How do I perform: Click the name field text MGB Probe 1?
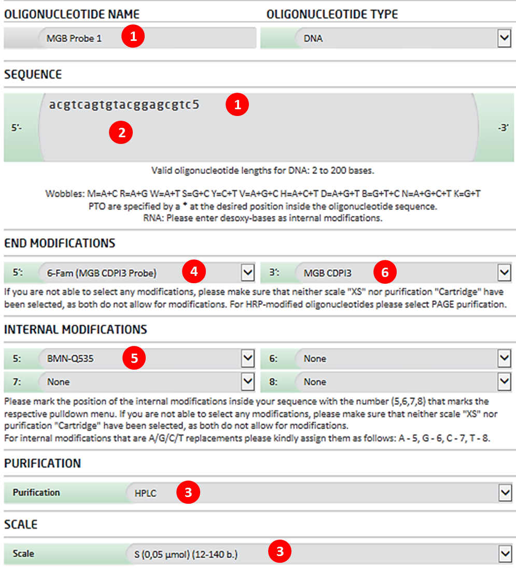74,38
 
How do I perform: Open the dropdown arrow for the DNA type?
504,38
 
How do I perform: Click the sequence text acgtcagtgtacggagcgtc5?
124,105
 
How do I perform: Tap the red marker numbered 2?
121,133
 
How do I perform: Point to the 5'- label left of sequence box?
17,126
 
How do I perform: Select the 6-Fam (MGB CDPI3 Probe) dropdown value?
102,273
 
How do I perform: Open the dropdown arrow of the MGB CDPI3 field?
504,272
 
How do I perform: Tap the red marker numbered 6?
384,272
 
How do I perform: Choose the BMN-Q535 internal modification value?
71,358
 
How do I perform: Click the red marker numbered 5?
134,359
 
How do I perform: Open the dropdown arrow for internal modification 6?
504,358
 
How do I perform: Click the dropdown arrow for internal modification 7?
248,382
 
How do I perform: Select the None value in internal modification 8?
315,382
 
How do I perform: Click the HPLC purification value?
145,493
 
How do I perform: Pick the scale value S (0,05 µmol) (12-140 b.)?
189,555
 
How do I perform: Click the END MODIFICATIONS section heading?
60,243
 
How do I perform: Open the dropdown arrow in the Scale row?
504,554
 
